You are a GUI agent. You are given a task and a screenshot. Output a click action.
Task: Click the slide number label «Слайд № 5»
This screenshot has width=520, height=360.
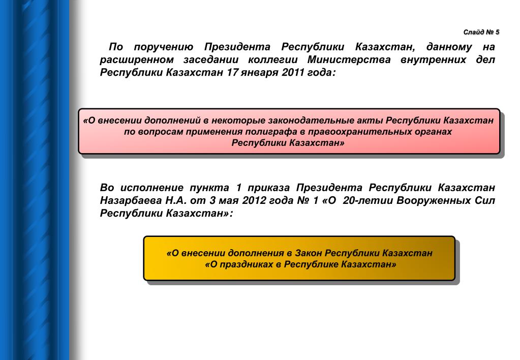click(481, 32)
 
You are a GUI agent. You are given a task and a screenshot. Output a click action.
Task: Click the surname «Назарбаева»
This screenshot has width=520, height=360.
click(131, 200)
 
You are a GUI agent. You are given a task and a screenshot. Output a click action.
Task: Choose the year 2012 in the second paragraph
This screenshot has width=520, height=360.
click(254, 200)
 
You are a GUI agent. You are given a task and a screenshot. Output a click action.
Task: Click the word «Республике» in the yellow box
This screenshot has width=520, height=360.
click(310, 265)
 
